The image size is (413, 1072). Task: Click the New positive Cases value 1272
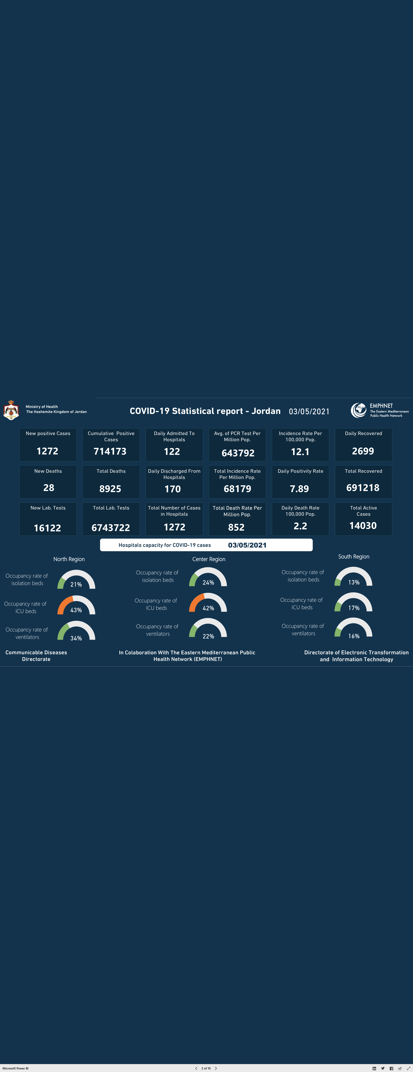[x=47, y=451]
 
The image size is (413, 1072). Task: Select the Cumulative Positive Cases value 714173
[x=110, y=451]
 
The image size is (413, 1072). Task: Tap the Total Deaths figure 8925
[x=110, y=489]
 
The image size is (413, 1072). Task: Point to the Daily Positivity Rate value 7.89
[x=299, y=489]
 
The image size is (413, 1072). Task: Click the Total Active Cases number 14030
[x=363, y=526]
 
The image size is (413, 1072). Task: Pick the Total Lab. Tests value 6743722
[x=111, y=528]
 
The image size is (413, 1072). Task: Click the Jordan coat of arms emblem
[x=11, y=410]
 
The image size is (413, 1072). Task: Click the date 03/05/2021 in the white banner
[x=247, y=545]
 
